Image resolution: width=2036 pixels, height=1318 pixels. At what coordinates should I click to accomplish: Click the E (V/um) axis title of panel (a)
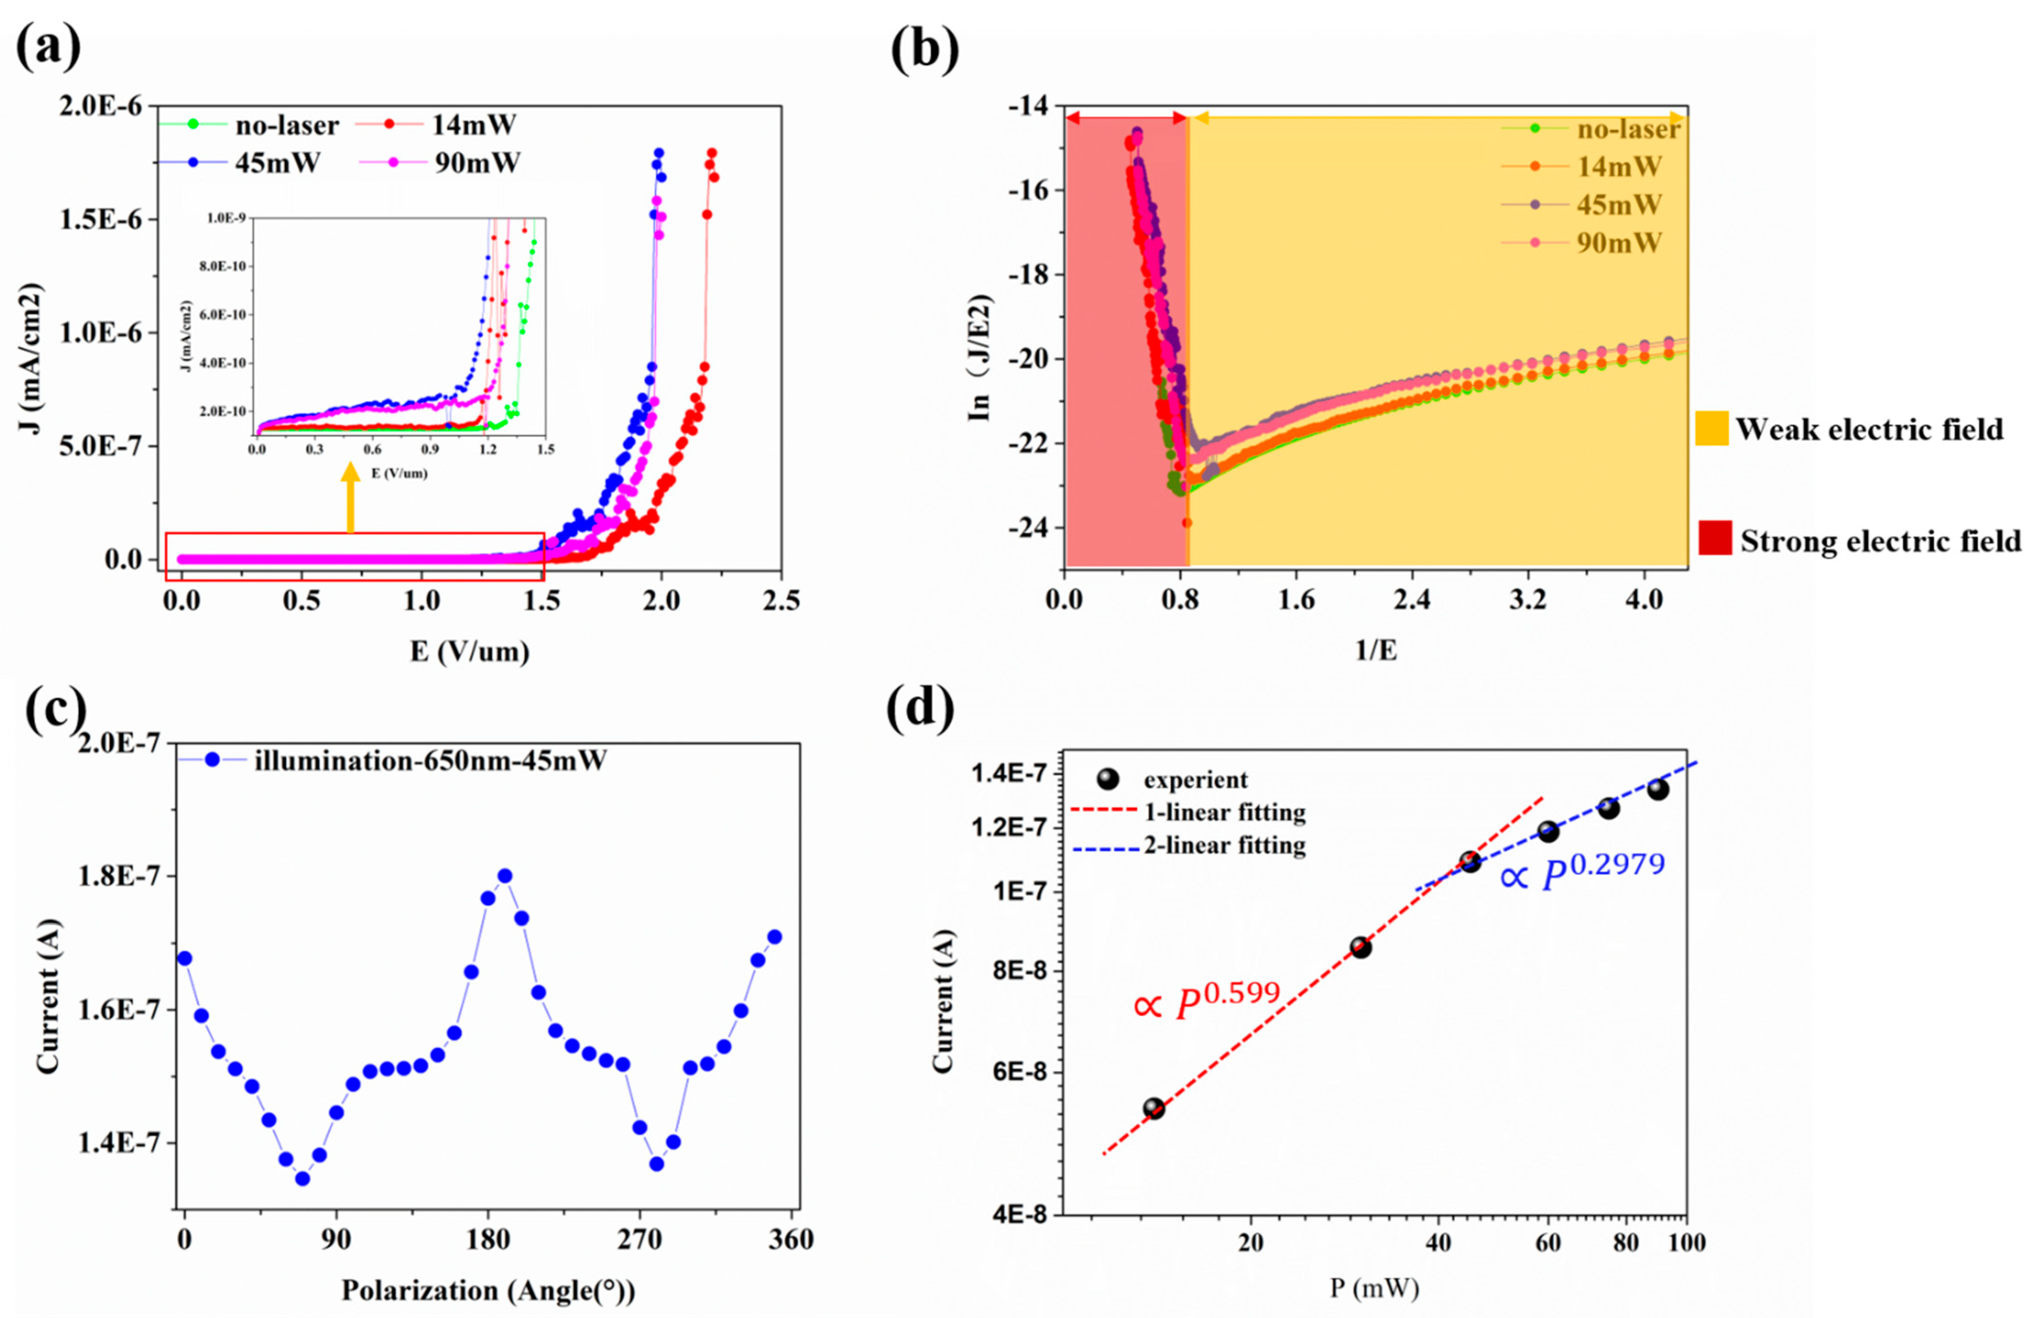tap(470, 652)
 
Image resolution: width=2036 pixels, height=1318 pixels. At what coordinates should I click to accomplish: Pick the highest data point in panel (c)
tap(505, 876)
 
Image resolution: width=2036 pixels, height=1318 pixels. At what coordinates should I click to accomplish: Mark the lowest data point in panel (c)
tap(302, 1179)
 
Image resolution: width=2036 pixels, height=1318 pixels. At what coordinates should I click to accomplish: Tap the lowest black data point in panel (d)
tap(1154, 1108)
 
